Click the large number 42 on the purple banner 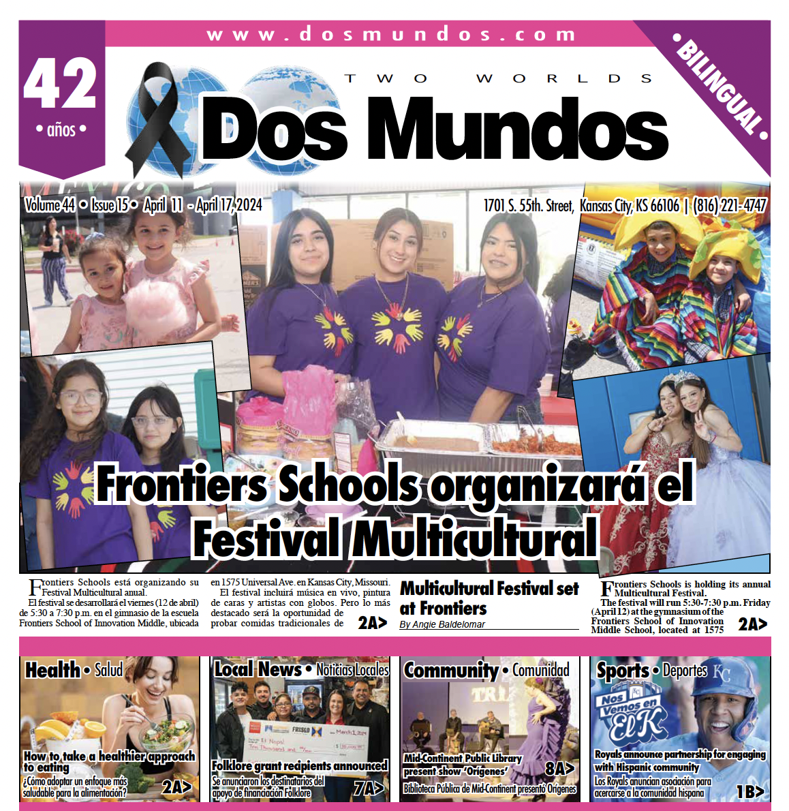[x=61, y=84]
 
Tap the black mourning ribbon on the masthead [x=156, y=116]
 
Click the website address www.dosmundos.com [x=391, y=34]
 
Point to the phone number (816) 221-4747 [x=730, y=205]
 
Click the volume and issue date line [x=143, y=204]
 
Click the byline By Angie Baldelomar [x=442, y=624]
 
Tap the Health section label [x=52, y=670]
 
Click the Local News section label [x=258, y=670]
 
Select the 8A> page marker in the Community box [x=559, y=769]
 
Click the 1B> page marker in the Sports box [x=749, y=791]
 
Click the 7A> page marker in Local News [x=369, y=789]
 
